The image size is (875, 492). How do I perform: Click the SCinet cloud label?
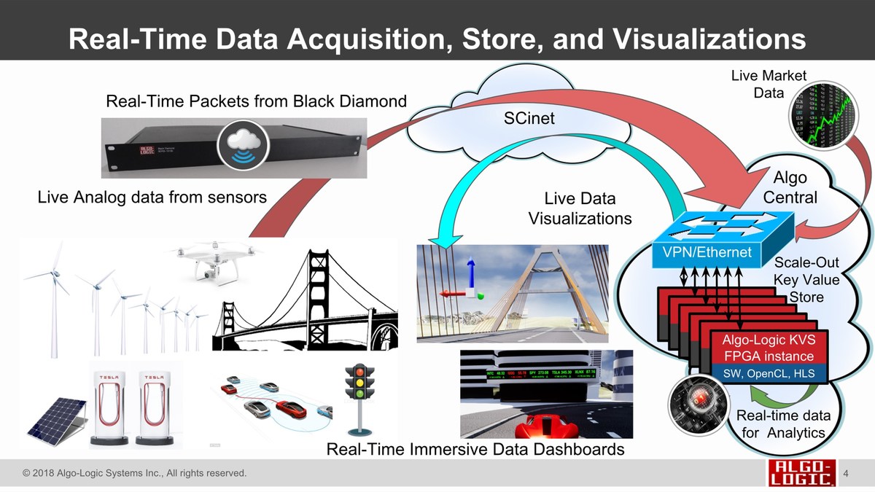(x=529, y=118)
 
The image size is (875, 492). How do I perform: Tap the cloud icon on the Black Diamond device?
(x=240, y=144)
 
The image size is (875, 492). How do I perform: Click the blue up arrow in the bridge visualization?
(x=470, y=274)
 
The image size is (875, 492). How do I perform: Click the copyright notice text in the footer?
(x=135, y=474)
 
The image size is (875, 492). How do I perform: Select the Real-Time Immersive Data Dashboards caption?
(x=475, y=449)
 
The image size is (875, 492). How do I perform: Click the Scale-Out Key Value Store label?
(x=806, y=279)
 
